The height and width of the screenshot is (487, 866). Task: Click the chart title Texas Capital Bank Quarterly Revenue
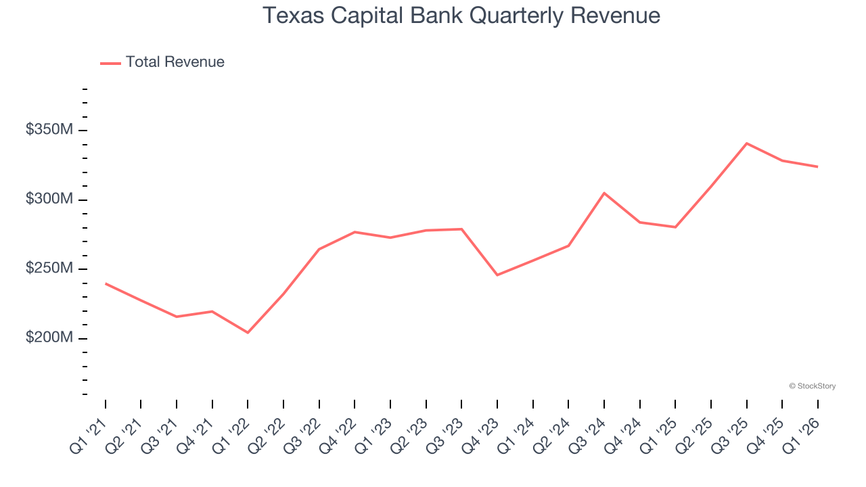(x=461, y=15)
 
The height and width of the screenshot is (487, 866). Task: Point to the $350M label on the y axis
(x=49, y=129)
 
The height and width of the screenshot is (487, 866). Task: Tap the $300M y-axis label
(x=49, y=199)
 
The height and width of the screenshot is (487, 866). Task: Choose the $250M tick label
(x=49, y=269)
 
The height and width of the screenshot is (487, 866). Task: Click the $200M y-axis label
(x=49, y=338)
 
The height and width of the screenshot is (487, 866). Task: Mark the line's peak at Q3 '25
(x=746, y=143)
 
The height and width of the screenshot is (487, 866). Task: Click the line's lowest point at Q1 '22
(x=248, y=333)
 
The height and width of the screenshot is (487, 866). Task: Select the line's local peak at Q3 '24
(x=604, y=193)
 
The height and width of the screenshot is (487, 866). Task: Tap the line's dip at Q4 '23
(x=497, y=275)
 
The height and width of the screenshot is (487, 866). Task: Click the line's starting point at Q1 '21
(x=106, y=283)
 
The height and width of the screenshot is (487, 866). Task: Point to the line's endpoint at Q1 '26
(x=817, y=166)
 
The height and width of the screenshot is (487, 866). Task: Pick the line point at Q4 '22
(x=355, y=232)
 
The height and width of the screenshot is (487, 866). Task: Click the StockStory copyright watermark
(x=812, y=386)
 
